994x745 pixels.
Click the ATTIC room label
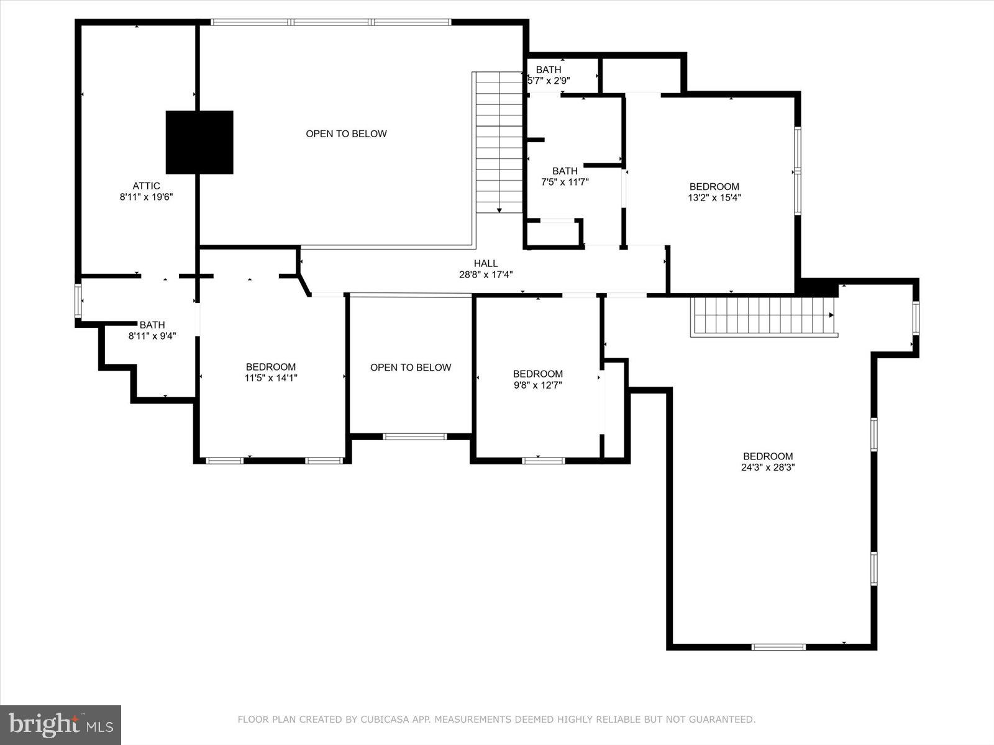[146, 186]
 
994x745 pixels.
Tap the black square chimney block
[199, 142]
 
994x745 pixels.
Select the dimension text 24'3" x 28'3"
[768, 467]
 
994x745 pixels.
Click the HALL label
[485, 263]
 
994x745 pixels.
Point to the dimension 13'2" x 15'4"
[714, 198]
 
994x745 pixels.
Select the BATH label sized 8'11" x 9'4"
[152, 325]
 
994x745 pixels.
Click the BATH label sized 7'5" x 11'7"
[565, 171]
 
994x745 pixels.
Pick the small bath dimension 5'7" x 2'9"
[549, 80]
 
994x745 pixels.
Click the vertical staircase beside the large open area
[498, 143]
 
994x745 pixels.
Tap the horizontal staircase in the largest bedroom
[763, 315]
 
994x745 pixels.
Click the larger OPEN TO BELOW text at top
[346, 133]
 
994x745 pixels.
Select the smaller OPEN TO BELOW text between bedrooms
[411, 368]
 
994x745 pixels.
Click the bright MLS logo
[60, 725]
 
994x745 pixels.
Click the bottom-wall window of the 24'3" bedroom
[778, 647]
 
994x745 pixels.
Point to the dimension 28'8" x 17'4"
[485, 274]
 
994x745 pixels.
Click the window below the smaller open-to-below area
[414, 436]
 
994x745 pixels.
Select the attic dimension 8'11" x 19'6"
[146, 197]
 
